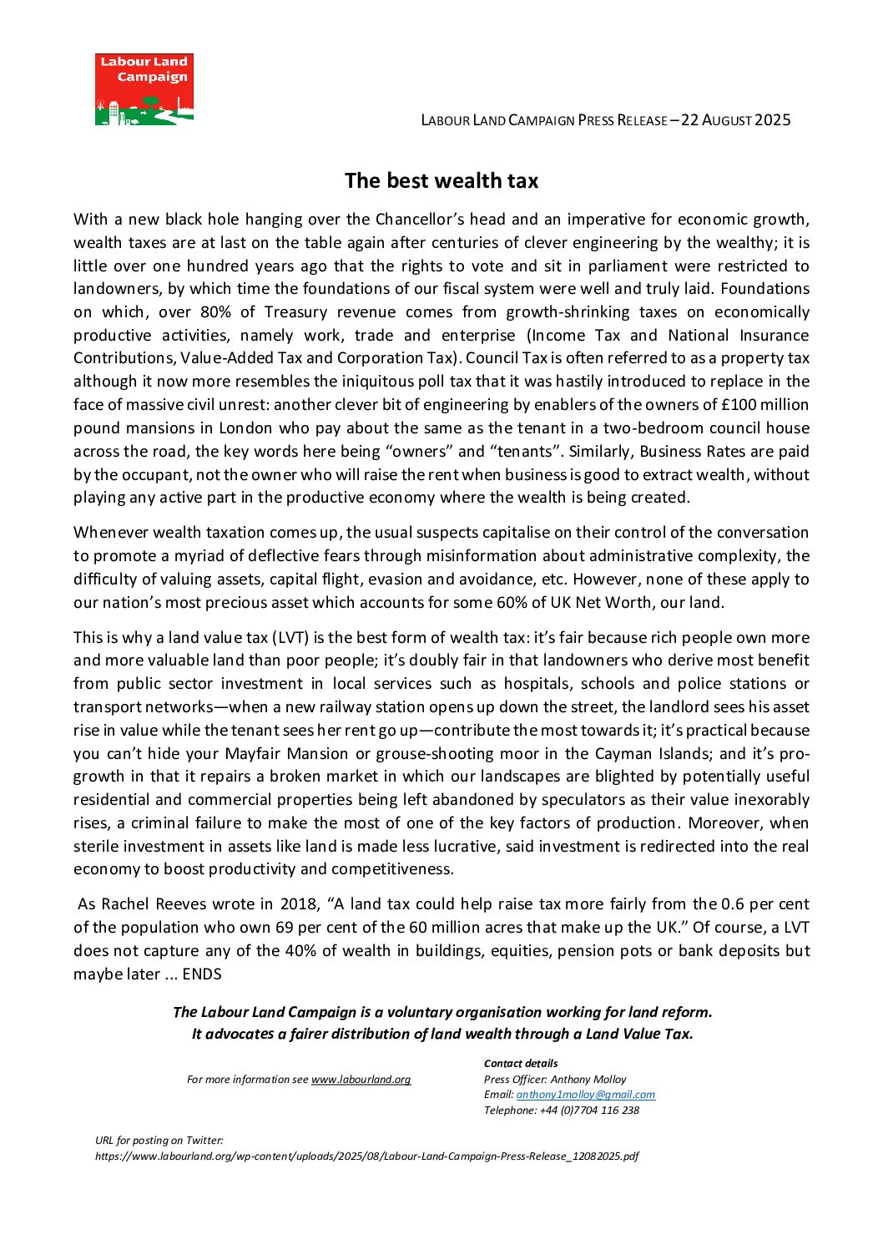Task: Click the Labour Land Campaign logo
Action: click(144, 89)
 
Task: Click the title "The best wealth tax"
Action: click(441, 180)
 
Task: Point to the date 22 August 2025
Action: click(735, 119)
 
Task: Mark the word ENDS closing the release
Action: click(202, 974)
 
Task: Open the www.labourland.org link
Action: click(361, 1080)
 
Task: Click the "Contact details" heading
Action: click(521, 1064)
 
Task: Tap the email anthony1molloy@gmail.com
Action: click(585, 1095)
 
